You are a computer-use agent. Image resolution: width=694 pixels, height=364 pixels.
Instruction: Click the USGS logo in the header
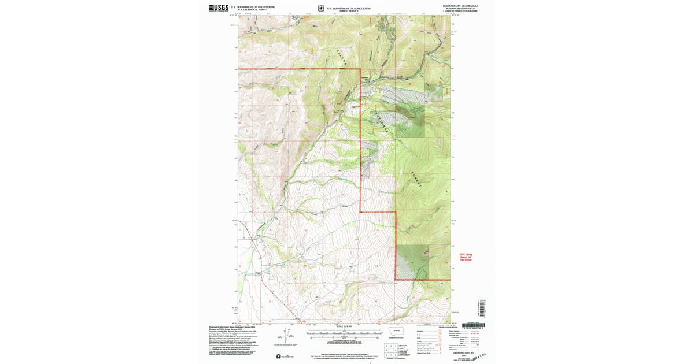[x=219, y=8]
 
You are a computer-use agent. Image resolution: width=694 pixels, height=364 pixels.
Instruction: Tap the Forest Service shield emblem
[x=321, y=8]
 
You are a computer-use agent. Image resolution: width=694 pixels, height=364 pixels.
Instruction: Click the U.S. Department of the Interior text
[x=252, y=7]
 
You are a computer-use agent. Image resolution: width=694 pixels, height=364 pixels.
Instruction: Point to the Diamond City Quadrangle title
[x=460, y=5]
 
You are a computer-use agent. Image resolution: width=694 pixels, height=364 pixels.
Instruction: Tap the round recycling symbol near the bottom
[x=279, y=356]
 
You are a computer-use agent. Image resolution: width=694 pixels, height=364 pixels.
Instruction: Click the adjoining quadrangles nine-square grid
[x=388, y=348]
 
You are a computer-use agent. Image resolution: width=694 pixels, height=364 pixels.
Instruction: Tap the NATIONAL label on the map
[x=382, y=123]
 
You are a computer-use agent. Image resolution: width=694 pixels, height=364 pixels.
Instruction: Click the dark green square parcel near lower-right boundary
[x=412, y=262]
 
